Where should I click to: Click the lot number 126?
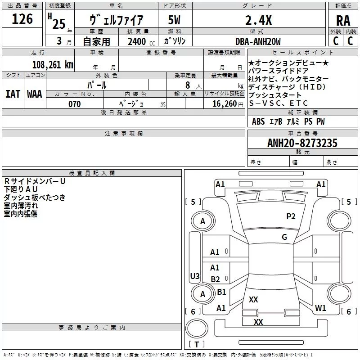[22, 19]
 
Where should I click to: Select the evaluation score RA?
[343, 21]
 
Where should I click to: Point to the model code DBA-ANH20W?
[258, 41]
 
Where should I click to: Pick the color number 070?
[74, 104]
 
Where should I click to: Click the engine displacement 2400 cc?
[137, 41]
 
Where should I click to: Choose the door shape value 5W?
[175, 20]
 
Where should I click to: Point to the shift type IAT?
[13, 94]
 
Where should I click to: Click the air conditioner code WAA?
[35, 94]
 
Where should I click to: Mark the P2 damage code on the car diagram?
[291, 216]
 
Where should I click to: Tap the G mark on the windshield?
[284, 237]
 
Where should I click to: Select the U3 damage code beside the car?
[195, 276]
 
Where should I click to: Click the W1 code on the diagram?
[320, 308]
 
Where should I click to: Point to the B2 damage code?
[216, 279]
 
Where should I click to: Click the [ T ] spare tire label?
[197, 345]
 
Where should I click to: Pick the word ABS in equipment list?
[258, 121]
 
